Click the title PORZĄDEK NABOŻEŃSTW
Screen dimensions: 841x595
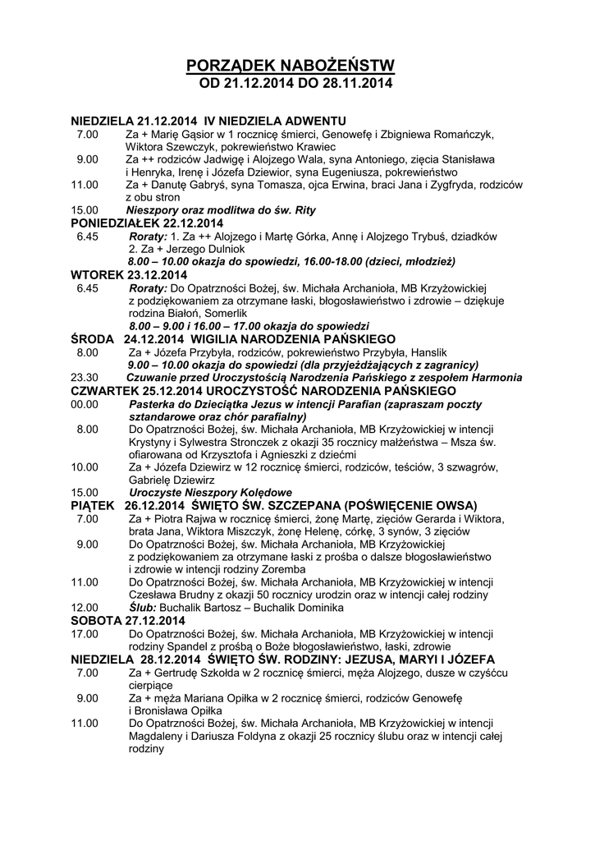click(x=291, y=66)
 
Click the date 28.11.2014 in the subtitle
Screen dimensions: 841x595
click(x=355, y=84)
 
